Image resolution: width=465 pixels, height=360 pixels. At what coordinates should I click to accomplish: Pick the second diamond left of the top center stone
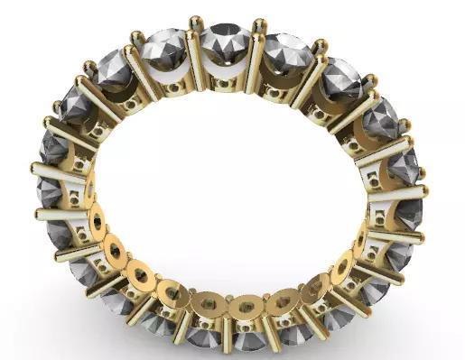(115, 69)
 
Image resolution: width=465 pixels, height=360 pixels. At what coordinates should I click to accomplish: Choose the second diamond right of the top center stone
(340, 76)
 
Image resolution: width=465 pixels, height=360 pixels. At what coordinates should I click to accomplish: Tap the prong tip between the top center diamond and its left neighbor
(195, 22)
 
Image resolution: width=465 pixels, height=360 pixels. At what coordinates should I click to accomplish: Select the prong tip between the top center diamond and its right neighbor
(259, 24)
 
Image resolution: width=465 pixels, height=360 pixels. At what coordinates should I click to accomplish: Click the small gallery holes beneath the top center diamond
(226, 81)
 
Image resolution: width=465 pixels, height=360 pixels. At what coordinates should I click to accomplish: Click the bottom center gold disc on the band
(242, 308)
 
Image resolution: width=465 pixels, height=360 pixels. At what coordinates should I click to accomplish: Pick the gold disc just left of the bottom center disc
(206, 304)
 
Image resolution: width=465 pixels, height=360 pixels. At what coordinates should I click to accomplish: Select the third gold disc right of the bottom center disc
(341, 267)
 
